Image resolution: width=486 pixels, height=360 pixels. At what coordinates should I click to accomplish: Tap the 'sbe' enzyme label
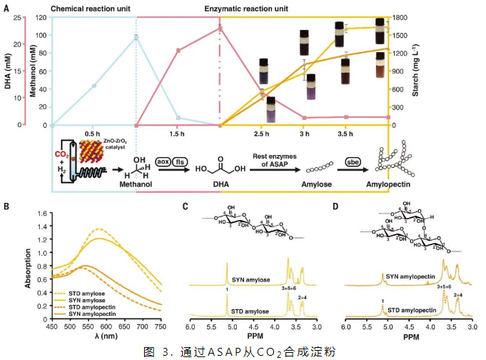tap(353, 164)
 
